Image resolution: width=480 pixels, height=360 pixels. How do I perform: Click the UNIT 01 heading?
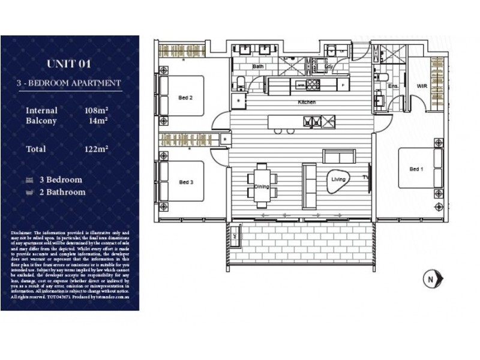[x=69, y=64]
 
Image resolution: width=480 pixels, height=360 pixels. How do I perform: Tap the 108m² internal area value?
[x=96, y=110]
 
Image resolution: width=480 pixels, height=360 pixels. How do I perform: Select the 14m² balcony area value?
[x=98, y=121]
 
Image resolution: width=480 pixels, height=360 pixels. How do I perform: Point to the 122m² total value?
[x=96, y=148]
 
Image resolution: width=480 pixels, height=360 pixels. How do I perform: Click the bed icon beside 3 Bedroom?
[x=29, y=180]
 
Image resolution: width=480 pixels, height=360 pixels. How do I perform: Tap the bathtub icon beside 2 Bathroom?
[x=29, y=193]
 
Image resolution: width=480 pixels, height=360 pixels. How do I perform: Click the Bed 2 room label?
[x=185, y=97]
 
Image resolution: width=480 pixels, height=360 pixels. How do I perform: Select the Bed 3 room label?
[x=185, y=182]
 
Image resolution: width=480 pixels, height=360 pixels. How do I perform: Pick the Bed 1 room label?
[x=416, y=169]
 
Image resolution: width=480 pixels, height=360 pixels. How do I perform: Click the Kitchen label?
[x=307, y=103]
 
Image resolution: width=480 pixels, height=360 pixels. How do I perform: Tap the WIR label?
[x=422, y=86]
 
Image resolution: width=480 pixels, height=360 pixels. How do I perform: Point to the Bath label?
[x=258, y=67]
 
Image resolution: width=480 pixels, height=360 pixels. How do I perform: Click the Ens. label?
[x=394, y=86]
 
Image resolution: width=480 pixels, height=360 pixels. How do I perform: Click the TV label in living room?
[x=364, y=178]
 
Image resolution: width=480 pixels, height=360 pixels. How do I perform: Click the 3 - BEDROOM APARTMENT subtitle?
[x=69, y=83]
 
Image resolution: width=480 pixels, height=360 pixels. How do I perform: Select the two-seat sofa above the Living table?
[x=339, y=156]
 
